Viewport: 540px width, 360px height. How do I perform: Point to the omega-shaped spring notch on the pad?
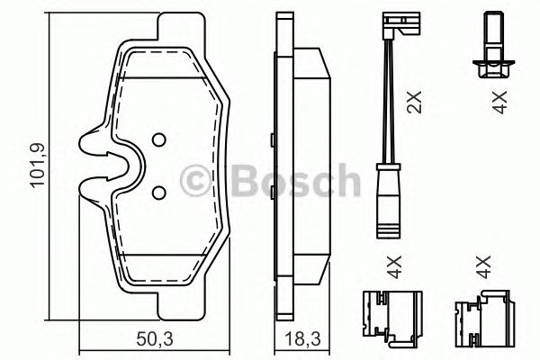click(108, 166)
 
